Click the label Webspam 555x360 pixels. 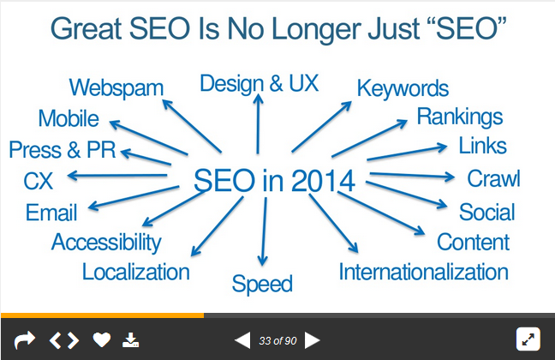coord(116,88)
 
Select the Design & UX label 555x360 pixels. coord(260,84)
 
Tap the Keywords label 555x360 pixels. coord(403,88)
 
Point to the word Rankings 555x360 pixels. coord(460,117)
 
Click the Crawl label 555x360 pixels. coord(494,178)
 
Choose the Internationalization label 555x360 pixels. coord(424,272)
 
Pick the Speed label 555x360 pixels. coord(262,285)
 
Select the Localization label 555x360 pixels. coord(136,272)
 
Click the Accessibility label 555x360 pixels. coord(106,243)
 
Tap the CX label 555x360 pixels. coord(39,181)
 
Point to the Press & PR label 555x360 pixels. coord(63,149)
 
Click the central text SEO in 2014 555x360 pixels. coord(274,180)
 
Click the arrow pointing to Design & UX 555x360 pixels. coord(258,124)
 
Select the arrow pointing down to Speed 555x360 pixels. coord(263,231)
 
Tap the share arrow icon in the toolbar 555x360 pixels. coord(25,340)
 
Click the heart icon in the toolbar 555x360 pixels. coord(102,340)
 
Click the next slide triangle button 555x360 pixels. coord(312,340)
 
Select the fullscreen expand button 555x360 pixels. coord(528,339)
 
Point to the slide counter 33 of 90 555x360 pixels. coord(277,341)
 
